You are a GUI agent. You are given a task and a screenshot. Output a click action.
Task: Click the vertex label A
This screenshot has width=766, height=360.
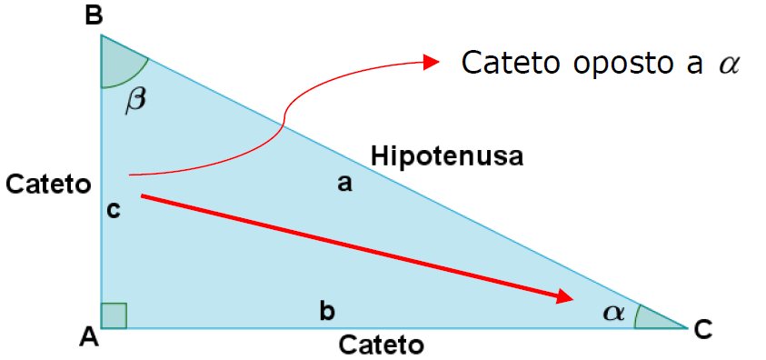click(88, 336)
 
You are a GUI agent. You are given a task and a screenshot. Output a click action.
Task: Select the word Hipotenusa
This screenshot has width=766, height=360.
click(447, 156)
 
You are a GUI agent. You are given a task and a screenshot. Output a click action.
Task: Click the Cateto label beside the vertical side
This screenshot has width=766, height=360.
click(47, 185)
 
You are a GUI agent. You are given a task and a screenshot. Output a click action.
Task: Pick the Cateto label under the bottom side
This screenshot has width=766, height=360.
click(382, 345)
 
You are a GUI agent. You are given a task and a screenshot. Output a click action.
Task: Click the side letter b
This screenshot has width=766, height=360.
click(326, 312)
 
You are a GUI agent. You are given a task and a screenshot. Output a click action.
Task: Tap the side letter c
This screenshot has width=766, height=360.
click(114, 210)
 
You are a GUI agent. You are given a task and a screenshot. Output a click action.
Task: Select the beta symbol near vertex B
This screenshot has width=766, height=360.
click(134, 98)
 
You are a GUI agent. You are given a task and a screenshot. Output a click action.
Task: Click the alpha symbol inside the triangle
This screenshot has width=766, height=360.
click(614, 313)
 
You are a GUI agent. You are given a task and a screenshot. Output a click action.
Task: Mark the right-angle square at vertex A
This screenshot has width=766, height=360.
click(114, 315)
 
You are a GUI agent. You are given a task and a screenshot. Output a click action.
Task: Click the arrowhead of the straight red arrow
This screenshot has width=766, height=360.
click(566, 297)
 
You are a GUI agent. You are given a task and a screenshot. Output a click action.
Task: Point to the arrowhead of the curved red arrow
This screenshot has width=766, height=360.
click(432, 62)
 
